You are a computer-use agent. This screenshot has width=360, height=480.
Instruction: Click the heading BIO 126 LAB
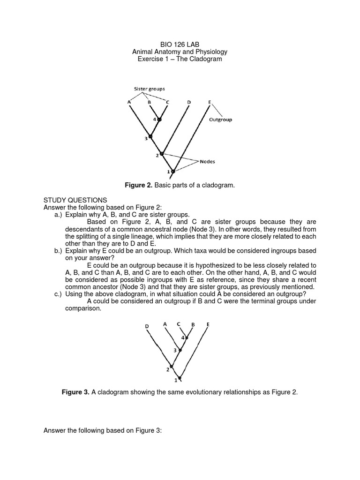click(180, 44)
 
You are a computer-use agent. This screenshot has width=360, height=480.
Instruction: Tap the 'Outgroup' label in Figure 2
click(220, 120)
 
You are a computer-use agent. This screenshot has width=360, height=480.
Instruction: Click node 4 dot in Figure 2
click(159, 120)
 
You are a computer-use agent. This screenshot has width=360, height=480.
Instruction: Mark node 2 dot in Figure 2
click(162, 153)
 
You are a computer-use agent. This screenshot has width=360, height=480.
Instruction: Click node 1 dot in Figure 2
click(173, 172)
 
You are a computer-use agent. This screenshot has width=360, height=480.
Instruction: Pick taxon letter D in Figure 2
click(188, 102)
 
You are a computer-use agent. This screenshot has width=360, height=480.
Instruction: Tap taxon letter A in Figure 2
click(128, 102)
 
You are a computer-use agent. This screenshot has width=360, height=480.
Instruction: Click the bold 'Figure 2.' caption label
click(139, 186)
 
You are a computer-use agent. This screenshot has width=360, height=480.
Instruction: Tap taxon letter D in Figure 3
click(146, 325)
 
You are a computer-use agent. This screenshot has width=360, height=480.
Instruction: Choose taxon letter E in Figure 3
click(208, 324)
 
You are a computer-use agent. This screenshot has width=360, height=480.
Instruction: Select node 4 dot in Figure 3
click(187, 337)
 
